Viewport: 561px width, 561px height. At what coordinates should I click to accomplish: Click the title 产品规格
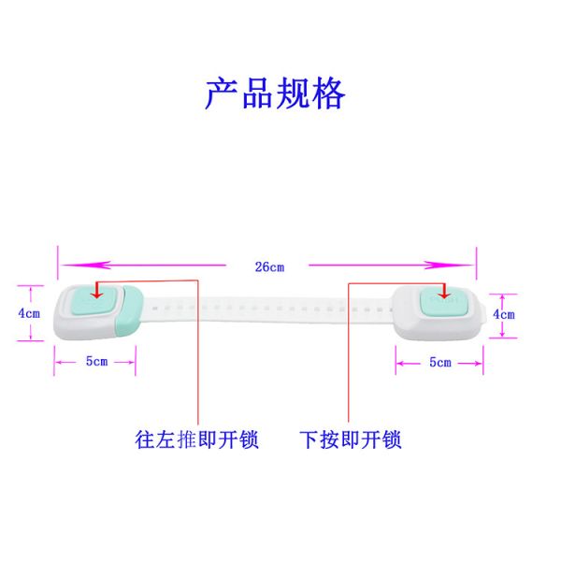[x=275, y=93]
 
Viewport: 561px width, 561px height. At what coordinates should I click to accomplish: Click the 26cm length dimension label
[x=269, y=266]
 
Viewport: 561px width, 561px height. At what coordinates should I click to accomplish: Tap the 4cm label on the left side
[x=29, y=313]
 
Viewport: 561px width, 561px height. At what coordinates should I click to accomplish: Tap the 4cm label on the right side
[x=504, y=314]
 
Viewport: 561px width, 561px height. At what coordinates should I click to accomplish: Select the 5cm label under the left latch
[x=95, y=361]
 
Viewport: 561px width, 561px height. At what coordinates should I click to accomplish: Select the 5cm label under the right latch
[x=439, y=362]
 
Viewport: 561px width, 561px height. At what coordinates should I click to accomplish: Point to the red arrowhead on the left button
[x=97, y=293]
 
